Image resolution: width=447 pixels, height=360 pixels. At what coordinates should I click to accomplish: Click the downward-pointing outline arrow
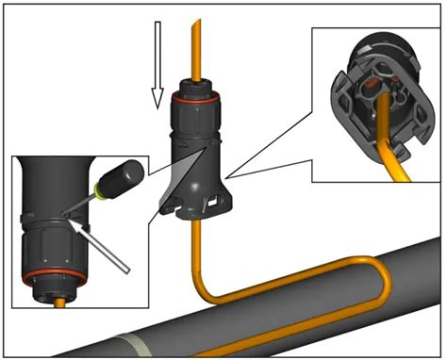[157, 83]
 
